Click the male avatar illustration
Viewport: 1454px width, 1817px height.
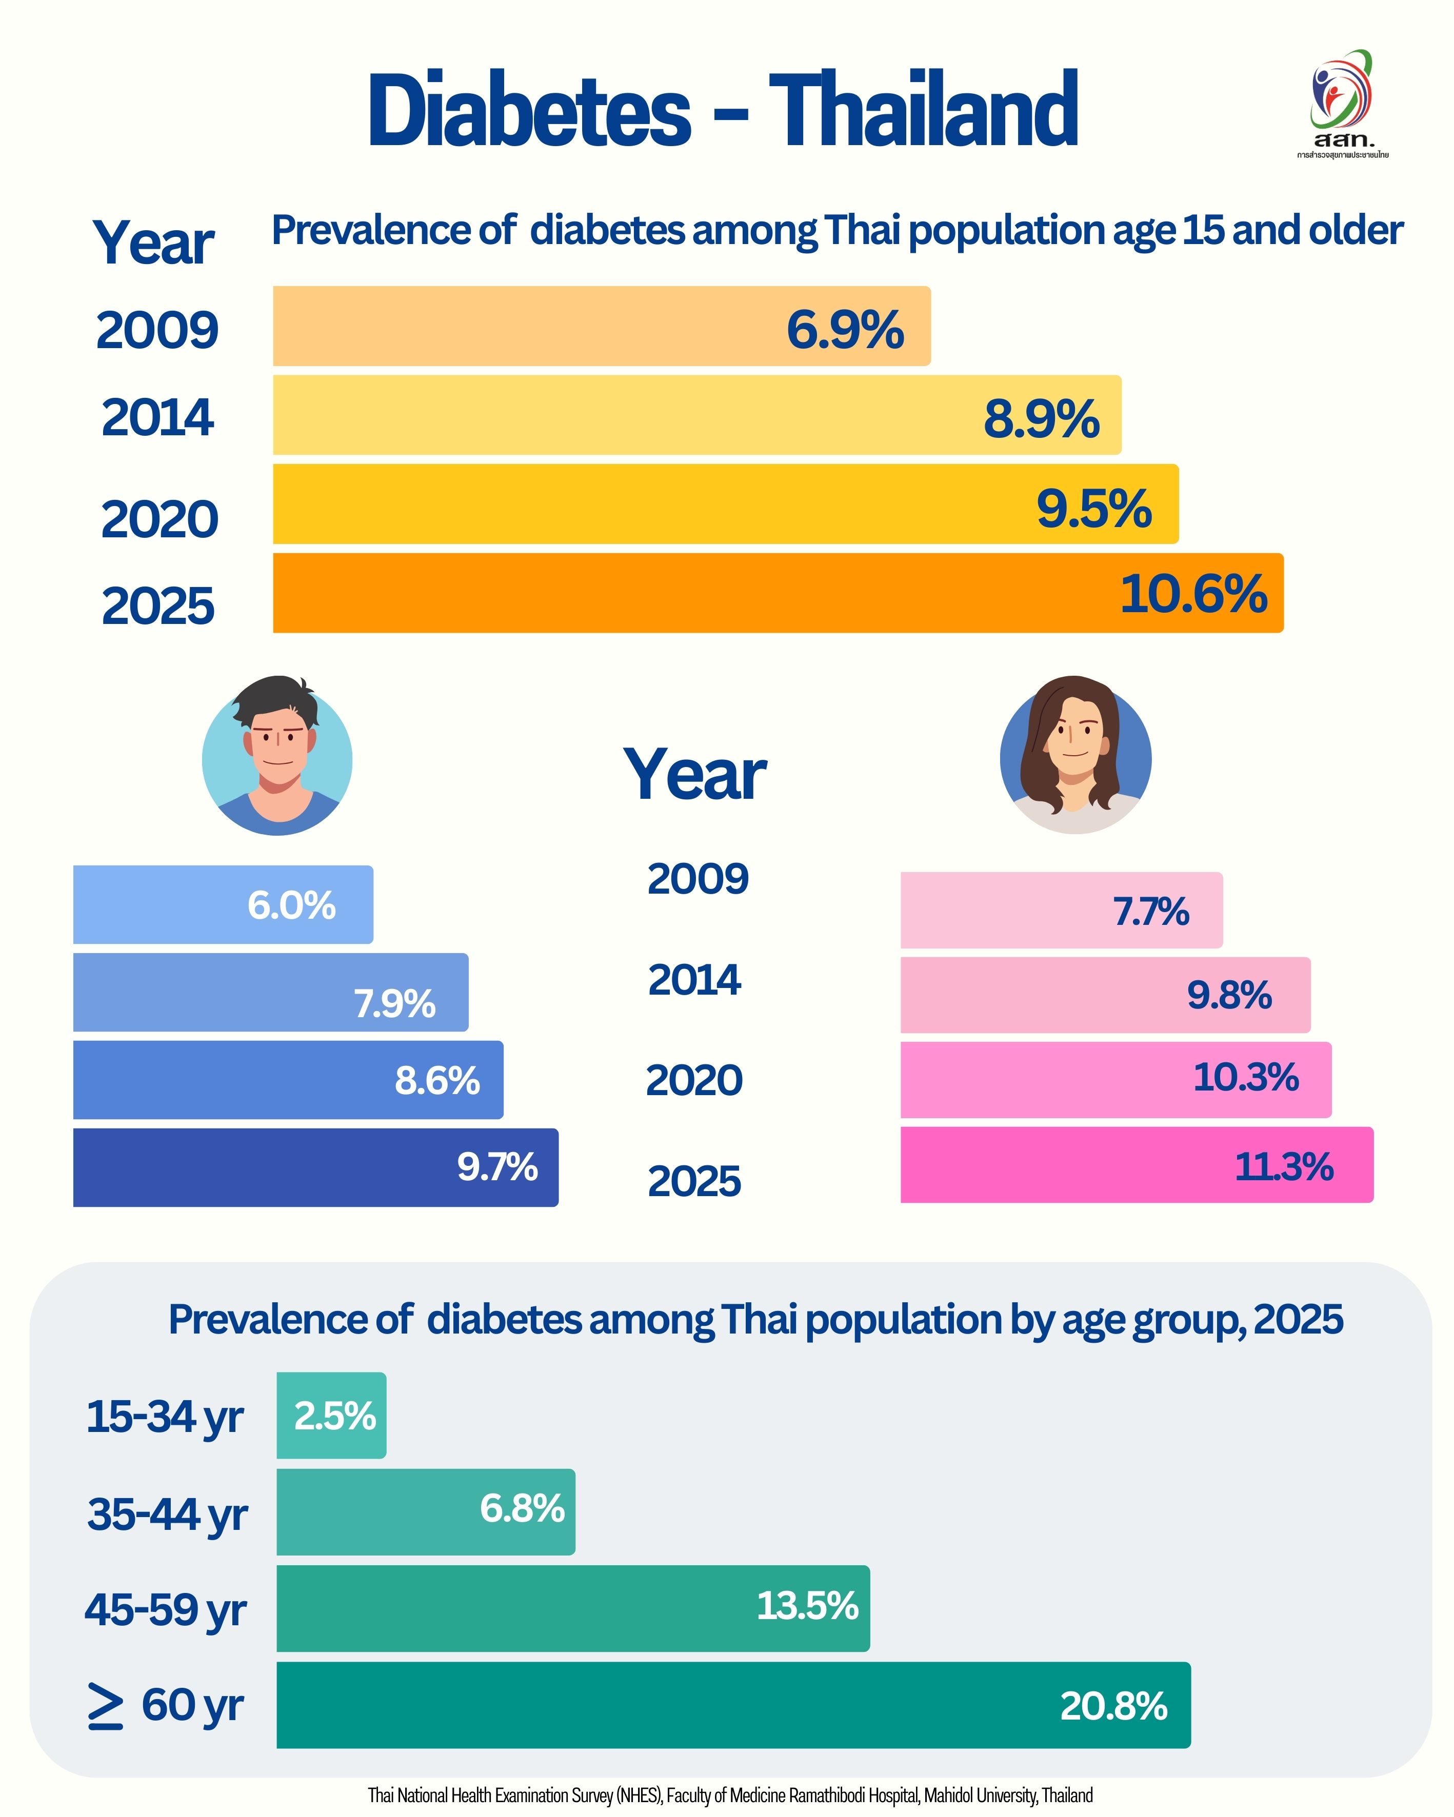click(x=277, y=756)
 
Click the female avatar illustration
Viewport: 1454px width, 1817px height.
click(x=1075, y=755)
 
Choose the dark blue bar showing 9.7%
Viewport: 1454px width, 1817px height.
click(x=315, y=1167)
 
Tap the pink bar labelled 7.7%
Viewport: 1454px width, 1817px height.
click(x=1061, y=910)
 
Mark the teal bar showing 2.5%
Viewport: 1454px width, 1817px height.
click(x=331, y=1416)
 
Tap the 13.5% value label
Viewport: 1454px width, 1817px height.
click(x=807, y=1605)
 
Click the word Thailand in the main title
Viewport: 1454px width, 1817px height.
click(x=923, y=110)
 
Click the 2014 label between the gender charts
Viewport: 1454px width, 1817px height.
click(x=694, y=979)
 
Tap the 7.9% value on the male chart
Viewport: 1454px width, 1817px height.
click(x=394, y=1003)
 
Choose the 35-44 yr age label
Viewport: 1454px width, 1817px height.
click(x=167, y=1513)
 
